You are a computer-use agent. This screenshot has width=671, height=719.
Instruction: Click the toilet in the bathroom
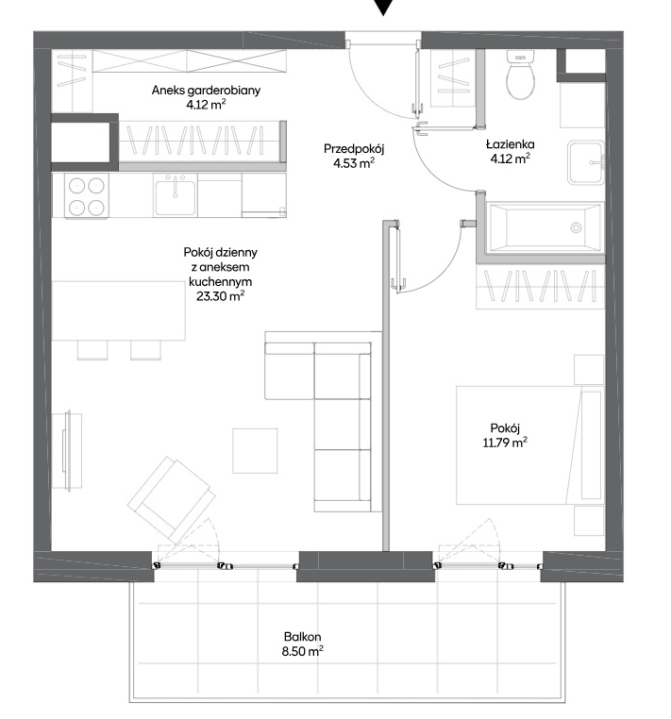[x=520, y=75]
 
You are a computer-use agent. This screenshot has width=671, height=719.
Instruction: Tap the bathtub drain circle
[x=576, y=227]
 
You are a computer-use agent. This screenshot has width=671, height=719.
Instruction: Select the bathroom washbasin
[x=586, y=163]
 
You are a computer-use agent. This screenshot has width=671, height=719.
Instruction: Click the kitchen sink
[x=175, y=196]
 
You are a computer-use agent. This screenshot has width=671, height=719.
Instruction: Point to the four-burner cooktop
[x=86, y=196]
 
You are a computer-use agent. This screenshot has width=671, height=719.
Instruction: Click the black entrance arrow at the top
[x=382, y=7]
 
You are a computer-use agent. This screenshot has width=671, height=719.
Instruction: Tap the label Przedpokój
[x=354, y=148]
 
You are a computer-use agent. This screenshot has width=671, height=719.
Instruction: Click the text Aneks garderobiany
[x=206, y=91]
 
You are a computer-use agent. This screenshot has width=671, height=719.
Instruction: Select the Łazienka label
[x=510, y=144]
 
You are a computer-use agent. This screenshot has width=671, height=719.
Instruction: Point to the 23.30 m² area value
[x=220, y=295]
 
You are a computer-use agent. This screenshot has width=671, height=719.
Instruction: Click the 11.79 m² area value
[x=505, y=443]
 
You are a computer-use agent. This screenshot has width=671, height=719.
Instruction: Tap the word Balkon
[x=302, y=637]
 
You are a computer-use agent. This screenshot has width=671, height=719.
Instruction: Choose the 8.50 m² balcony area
[x=303, y=651]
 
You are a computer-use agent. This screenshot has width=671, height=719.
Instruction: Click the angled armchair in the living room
[x=172, y=499]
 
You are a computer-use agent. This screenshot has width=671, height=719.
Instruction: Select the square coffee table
[x=255, y=451]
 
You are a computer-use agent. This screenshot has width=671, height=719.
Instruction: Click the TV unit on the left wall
[x=67, y=451]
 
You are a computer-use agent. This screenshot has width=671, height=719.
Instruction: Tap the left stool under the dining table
[x=92, y=350]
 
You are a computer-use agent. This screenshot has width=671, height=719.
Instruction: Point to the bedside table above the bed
[x=589, y=369]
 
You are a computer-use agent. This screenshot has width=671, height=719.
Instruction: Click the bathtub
[x=545, y=227]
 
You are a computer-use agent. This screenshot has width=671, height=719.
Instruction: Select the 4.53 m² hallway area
[x=354, y=163]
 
